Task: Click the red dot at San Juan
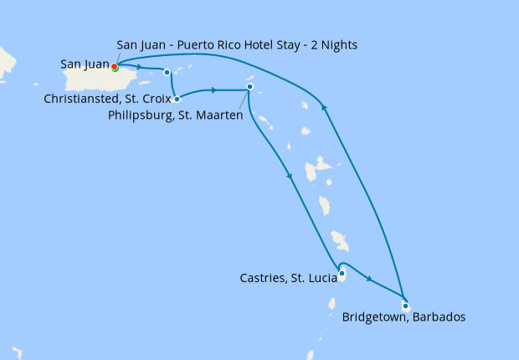(115, 67)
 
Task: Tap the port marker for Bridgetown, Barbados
(405, 306)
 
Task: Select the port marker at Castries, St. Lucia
(342, 272)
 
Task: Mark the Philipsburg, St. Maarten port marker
(249, 87)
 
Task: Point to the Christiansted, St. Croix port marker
(177, 99)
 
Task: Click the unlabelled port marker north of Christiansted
(167, 72)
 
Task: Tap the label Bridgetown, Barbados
(403, 318)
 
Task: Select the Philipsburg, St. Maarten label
(176, 115)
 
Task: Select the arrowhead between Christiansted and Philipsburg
(214, 90)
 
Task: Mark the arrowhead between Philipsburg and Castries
(290, 176)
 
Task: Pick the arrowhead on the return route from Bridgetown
(326, 105)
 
